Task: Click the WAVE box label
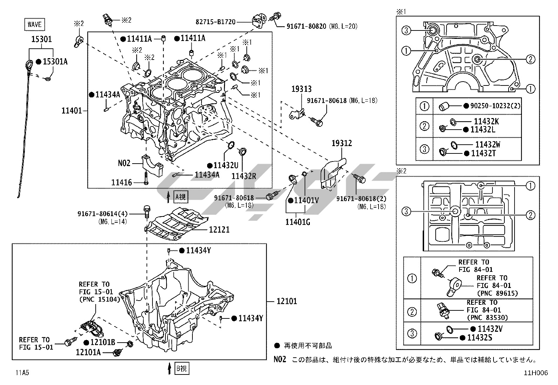click(x=34, y=24)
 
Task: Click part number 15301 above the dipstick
click(x=41, y=39)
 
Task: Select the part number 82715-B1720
click(x=215, y=22)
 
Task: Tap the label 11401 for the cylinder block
click(x=72, y=111)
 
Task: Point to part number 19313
click(x=301, y=89)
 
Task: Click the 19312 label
click(x=342, y=143)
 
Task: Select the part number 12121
click(x=219, y=230)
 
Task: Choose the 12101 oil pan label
click(x=286, y=301)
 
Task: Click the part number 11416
click(x=122, y=182)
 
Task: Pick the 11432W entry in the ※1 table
click(x=488, y=144)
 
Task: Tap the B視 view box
click(x=182, y=369)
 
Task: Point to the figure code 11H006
click(x=536, y=373)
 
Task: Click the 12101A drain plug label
click(x=88, y=352)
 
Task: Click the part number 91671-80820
click(x=306, y=26)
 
